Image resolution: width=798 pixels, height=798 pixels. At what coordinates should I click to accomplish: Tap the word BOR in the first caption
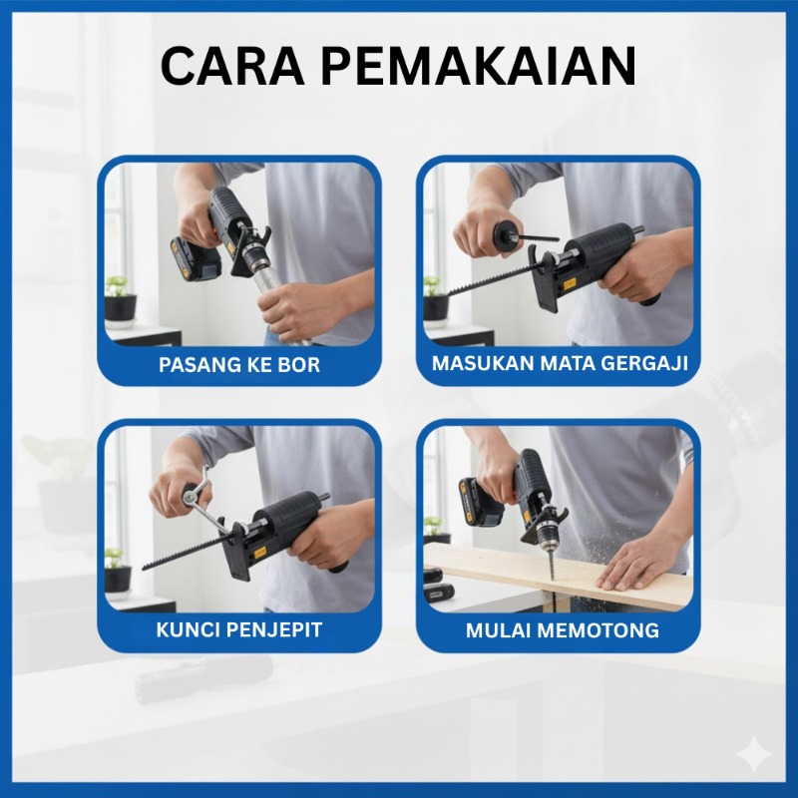pos(299,364)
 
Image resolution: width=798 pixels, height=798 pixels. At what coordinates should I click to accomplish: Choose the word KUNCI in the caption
pos(188,629)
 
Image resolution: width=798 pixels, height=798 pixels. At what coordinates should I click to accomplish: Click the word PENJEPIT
pos(273,629)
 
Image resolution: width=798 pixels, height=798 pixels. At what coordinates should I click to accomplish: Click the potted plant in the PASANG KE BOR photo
pos(120,299)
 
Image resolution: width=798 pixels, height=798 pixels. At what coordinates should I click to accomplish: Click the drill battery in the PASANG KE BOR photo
pos(197,259)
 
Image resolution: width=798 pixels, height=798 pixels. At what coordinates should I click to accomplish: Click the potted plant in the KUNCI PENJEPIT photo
pos(118,571)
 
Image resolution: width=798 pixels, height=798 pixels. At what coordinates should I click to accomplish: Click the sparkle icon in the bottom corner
pos(756,756)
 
